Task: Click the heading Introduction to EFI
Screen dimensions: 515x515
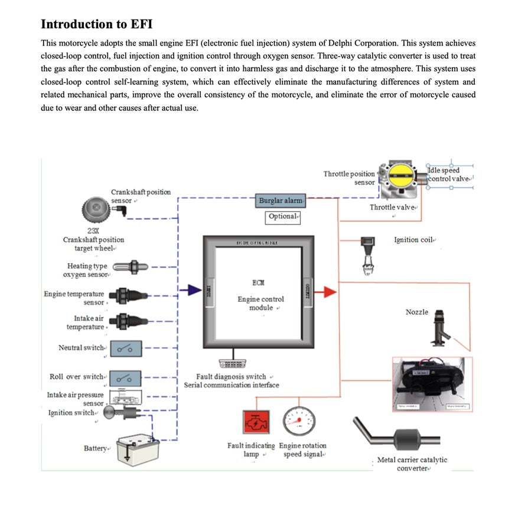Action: tap(97, 24)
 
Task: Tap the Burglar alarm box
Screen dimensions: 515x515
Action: tap(281, 201)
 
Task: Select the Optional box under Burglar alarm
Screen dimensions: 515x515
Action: tap(283, 217)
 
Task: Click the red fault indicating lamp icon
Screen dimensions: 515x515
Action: tap(256, 422)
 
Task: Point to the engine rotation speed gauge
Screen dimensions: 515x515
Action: tap(299, 421)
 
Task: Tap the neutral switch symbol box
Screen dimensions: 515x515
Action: tap(125, 348)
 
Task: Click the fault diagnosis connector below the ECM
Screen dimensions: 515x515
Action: tap(232, 364)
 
